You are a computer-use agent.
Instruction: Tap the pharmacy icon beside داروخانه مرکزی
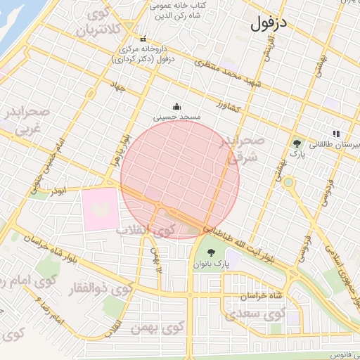144,39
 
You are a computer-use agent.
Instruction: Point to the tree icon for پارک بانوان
210,252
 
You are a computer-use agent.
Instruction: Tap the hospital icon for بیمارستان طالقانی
336,134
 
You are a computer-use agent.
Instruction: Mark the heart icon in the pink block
98,208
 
